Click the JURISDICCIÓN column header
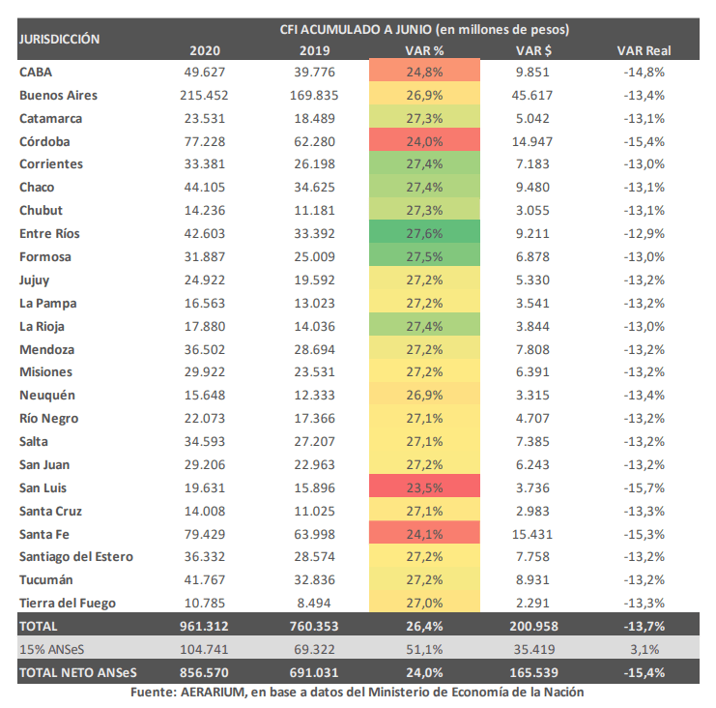click(x=59, y=40)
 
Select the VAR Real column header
click(x=644, y=50)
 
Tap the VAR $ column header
click(x=533, y=50)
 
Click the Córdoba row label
click(x=44, y=141)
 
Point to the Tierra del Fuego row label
click(x=68, y=604)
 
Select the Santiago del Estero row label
click(x=76, y=557)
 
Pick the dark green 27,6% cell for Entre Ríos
click(x=424, y=232)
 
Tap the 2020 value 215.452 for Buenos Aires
click(x=204, y=95)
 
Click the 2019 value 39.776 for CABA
click(x=314, y=73)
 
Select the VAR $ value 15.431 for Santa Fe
click(x=532, y=534)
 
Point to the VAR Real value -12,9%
click(x=644, y=233)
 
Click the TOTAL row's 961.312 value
click(x=204, y=626)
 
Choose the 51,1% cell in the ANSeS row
click(x=424, y=650)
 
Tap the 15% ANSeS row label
click(x=51, y=650)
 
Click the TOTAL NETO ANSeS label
click(x=78, y=673)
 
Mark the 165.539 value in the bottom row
click(x=533, y=673)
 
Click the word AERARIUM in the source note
click(x=214, y=692)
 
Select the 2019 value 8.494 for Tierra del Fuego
click(x=314, y=604)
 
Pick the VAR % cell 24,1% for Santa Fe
click(x=424, y=533)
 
